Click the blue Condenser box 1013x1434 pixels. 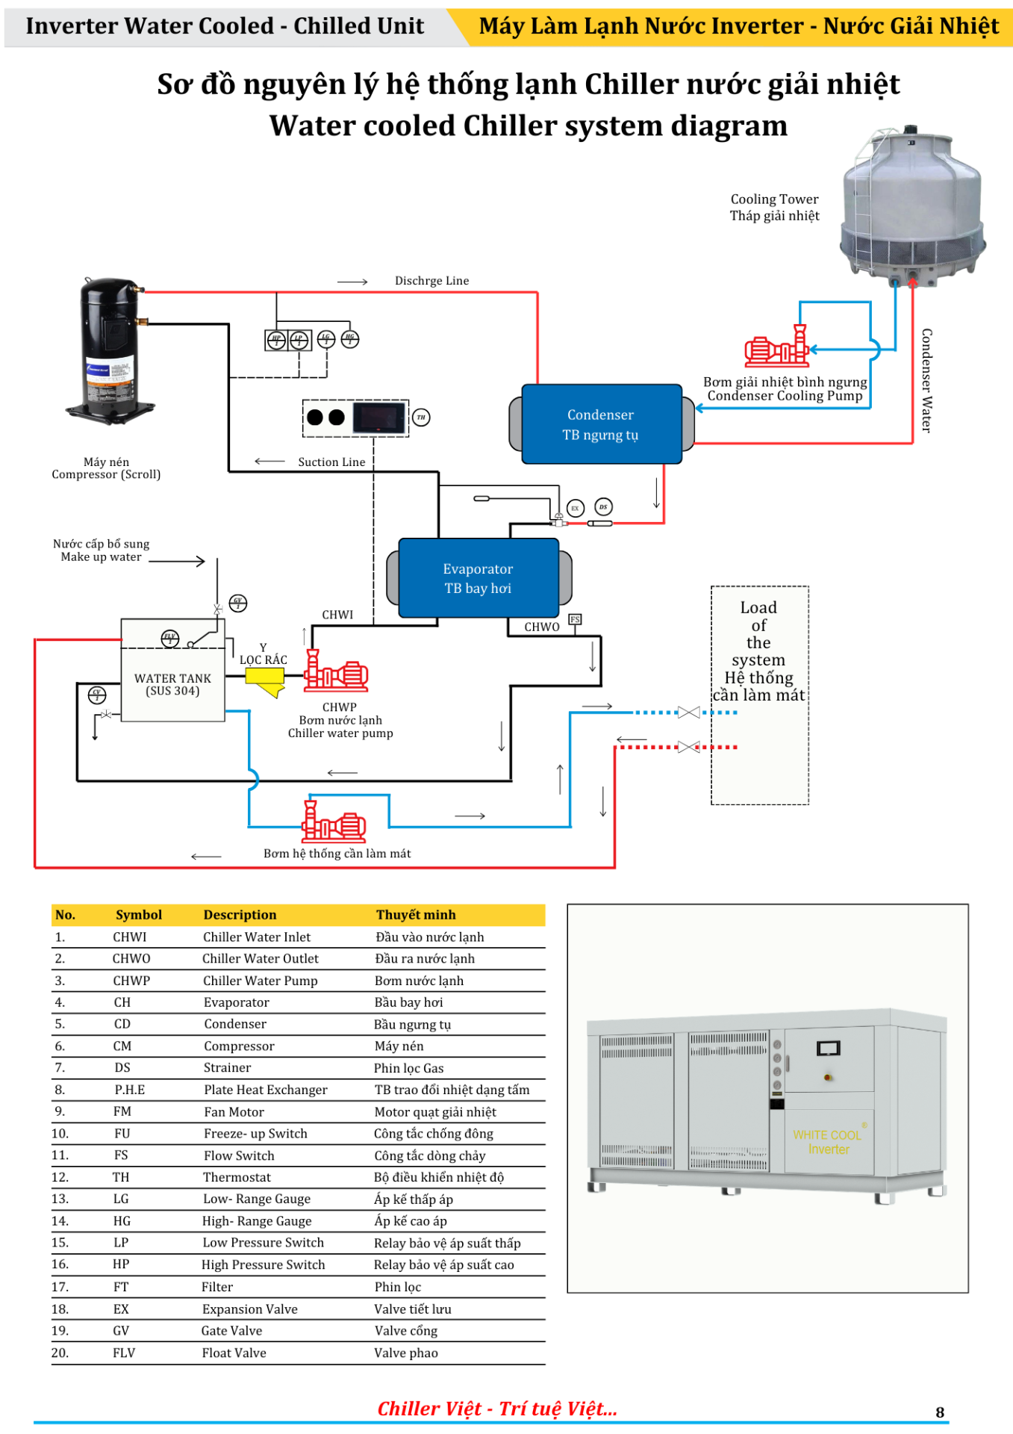601,424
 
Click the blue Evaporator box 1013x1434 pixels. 479,578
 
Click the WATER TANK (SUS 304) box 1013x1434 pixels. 172,683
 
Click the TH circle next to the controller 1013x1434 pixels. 421,418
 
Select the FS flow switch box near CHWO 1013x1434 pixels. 575,619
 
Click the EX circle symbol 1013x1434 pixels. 575,508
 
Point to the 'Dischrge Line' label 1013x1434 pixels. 431,281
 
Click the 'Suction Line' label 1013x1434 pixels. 331,462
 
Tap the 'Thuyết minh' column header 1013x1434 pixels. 416,915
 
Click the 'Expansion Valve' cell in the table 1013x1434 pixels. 250,1309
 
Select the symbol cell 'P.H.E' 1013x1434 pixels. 130,1090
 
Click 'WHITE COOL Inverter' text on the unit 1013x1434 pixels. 827,1142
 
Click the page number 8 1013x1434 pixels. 940,1412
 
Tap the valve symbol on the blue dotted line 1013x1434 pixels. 688,713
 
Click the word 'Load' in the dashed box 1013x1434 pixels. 758,608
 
